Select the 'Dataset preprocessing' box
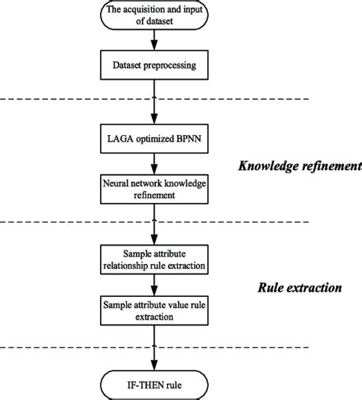(x=154, y=66)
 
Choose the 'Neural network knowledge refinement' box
(x=154, y=189)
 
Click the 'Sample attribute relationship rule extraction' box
(x=154, y=260)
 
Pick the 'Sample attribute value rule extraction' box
(x=154, y=309)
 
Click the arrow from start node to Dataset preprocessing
(x=154, y=43)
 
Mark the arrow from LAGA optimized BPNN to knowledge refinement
(x=154, y=165)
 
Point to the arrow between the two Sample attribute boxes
(x=154, y=285)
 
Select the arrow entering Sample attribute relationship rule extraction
(x=154, y=229)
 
